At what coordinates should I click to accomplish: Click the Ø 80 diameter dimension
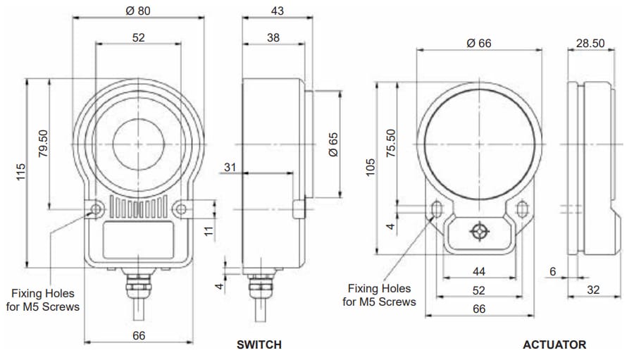138,11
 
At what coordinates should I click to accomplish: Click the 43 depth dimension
277,11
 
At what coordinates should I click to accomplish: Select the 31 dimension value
230,167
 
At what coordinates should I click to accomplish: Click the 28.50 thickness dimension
590,43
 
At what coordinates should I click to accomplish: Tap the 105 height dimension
370,168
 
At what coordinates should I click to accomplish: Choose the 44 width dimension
479,271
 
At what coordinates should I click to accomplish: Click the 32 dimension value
595,290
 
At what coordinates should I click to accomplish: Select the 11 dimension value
209,230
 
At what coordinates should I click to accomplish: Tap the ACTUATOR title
554,345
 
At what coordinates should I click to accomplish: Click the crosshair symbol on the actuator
480,232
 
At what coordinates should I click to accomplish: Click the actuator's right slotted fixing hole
523,209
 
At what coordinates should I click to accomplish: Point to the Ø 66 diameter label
479,43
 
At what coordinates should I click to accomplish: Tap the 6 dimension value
554,272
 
